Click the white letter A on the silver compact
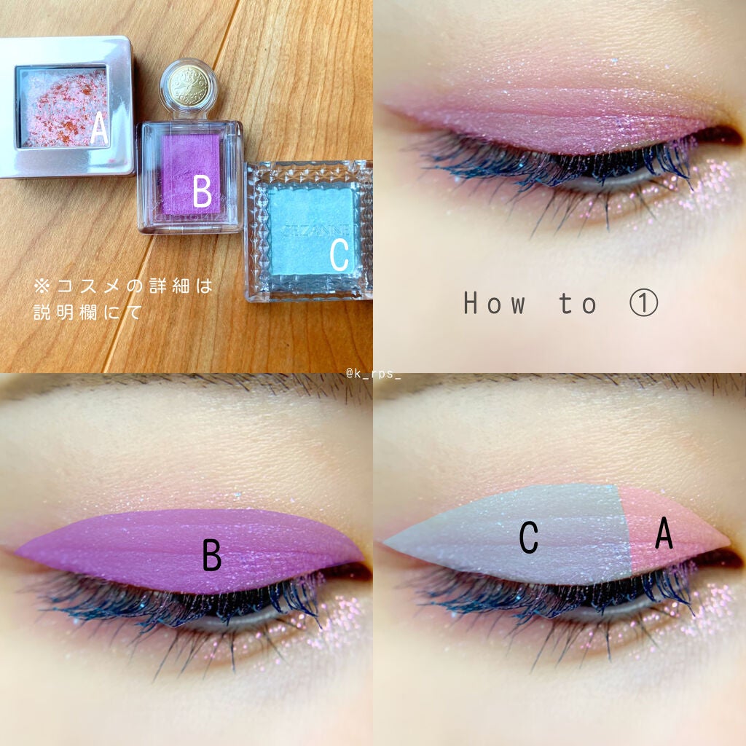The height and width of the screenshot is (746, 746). (99, 127)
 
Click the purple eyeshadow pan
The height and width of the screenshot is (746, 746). (191, 174)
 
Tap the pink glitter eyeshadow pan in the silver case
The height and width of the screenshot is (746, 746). (61, 106)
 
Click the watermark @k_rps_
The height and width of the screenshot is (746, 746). (373, 374)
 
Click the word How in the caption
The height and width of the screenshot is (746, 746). (495, 303)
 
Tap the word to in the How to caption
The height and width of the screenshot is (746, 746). (577, 304)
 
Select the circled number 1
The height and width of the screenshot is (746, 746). (644, 303)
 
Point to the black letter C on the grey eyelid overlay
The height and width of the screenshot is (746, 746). (529, 538)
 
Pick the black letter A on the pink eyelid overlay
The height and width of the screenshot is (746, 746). (664, 533)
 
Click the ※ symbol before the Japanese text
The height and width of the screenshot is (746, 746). (42, 286)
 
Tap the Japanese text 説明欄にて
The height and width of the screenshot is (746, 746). (87, 313)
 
